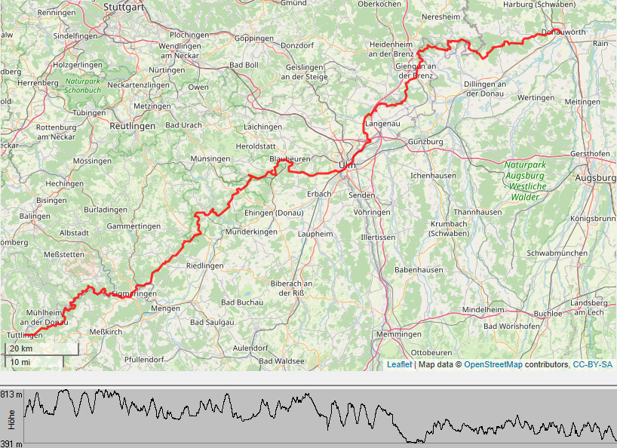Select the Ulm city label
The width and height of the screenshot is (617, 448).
[x=347, y=164]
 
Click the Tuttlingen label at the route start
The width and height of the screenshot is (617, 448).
[x=23, y=334]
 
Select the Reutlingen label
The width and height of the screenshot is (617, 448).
[x=132, y=125]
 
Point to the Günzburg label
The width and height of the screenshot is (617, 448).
[x=425, y=141]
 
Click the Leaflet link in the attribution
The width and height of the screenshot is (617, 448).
[x=399, y=364]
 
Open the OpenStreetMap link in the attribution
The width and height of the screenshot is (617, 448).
[x=494, y=364]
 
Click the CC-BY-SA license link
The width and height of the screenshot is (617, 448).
[x=592, y=364]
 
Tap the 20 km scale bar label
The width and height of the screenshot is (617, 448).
[x=21, y=348]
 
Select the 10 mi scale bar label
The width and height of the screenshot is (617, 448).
[x=20, y=362]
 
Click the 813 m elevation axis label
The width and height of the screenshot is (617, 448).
[x=11, y=394]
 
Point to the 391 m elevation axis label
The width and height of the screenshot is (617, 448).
[x=11, y=443]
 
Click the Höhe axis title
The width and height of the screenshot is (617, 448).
[x=11, y=419]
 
